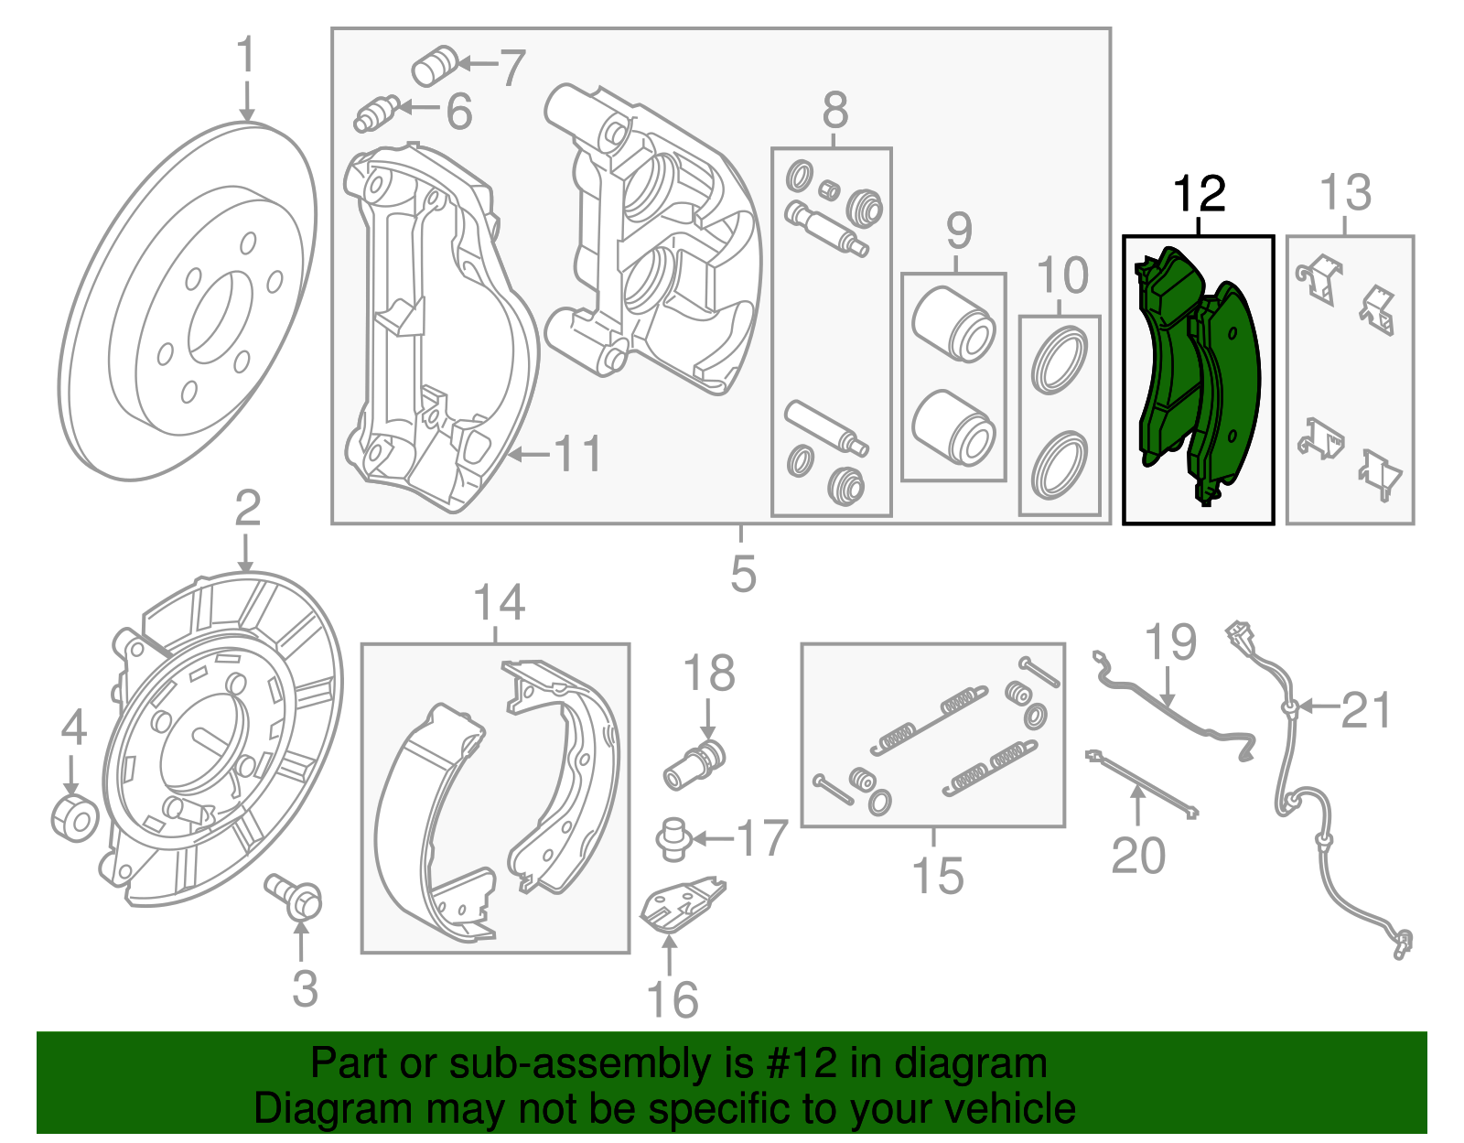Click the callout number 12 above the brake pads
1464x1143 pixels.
[x=1199, y=195]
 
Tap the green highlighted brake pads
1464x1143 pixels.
[x=1199, y=375]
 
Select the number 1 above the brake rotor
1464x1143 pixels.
[x=246, y=57]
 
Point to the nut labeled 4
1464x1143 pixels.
[x=74, y=817]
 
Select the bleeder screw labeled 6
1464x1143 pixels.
[x=374, y=113]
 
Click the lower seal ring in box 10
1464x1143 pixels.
[x=1059, y=467]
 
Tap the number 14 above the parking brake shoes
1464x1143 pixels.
[x=499, y=603]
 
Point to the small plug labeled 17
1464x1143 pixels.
[x=673, y=839]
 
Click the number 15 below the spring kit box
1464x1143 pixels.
[x=937, y=875]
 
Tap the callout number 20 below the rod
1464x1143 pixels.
[x=1137, y=856]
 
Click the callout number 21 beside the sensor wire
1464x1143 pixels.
[x=1365, y=711]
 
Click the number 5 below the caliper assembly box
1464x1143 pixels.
[x=743, y=574]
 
